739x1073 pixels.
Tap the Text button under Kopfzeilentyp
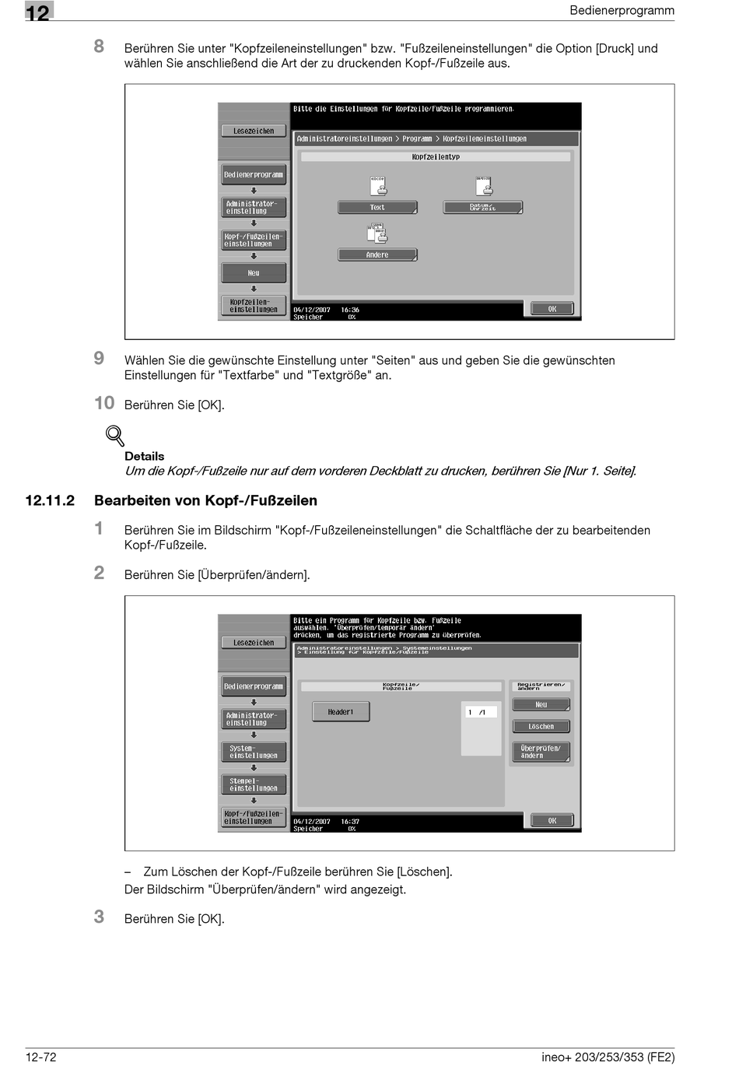(377, 208)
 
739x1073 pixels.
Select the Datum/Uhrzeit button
(482, 208)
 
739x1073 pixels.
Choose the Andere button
(377, 255)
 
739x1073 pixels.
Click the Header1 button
(341, 712)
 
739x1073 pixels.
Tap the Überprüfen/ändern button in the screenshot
(541, 752)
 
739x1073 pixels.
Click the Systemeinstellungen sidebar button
(254, 752)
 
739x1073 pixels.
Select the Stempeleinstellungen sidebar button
(254, 784)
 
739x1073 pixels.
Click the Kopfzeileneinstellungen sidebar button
(254, 306)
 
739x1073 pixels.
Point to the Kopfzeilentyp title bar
(436, 157)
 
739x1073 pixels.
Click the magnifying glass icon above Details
(115, 436)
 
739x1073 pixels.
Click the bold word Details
(145, 457)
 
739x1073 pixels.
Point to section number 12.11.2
(50, 500)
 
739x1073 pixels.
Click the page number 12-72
(41, 1057)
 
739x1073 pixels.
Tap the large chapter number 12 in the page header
(38, 12)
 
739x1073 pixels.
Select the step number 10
(104, 403)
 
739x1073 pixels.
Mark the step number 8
(99, 46)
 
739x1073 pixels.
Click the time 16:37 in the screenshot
(350, 822)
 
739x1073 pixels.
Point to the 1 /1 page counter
(478, 712)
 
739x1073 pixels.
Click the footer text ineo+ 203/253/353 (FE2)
(608, 1057)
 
